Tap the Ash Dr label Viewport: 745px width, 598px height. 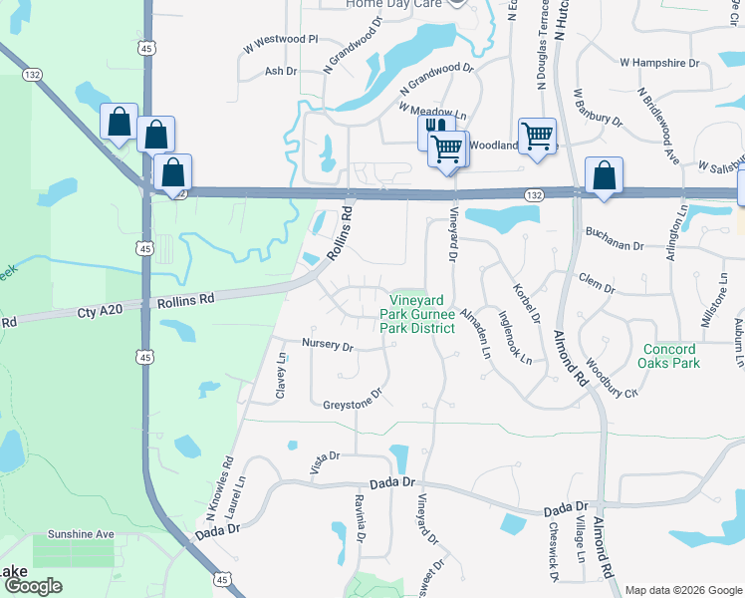coord(281,71)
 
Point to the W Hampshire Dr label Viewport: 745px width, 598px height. coord(659,63)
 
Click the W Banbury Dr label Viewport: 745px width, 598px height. coord(597,109)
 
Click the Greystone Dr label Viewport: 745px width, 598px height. coord(353,404)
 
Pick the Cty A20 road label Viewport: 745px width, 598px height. coord(100,311)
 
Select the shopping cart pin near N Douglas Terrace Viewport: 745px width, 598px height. coord(537,135)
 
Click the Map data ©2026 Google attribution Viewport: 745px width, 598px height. coord(683,590)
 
